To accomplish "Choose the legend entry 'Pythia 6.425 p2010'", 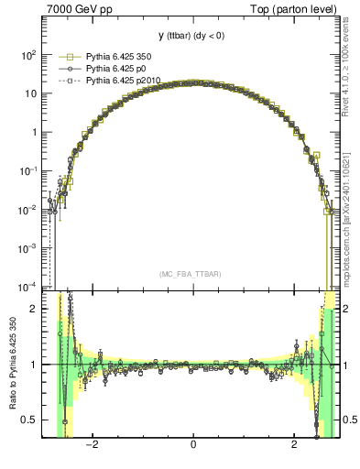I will (123, 81).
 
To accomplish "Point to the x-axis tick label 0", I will (193, 444).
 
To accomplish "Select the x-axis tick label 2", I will (294, 444).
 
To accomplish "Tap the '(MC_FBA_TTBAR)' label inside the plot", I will (193, 274).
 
